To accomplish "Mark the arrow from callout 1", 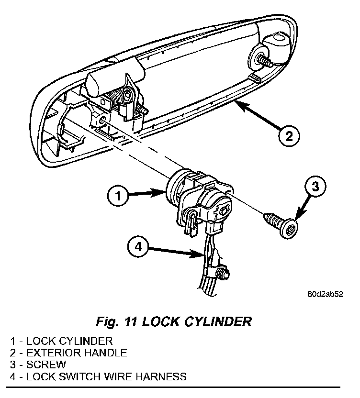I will pyautogui.click(x=148, y=194).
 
